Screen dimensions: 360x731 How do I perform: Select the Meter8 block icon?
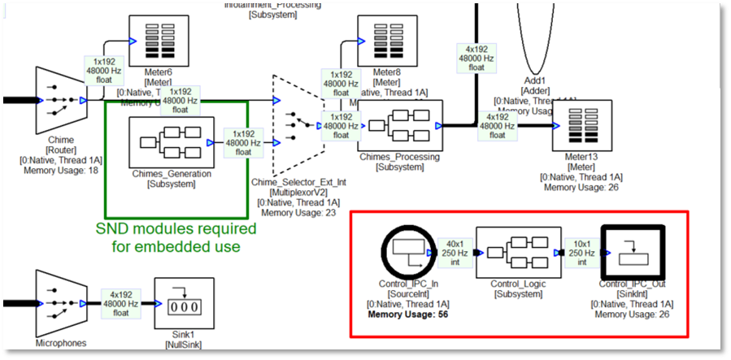pyautogui.click(x=382, y=41)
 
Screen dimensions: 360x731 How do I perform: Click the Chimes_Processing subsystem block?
pyautogui.click(x=401, y=126)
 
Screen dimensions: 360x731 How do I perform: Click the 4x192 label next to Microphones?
pyautogui.click(x=120, y=303)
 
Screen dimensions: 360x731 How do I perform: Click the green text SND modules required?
pyautogui.click(x=176, y=228)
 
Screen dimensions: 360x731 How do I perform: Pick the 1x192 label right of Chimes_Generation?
pyautogui.click(x=243, y=142)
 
